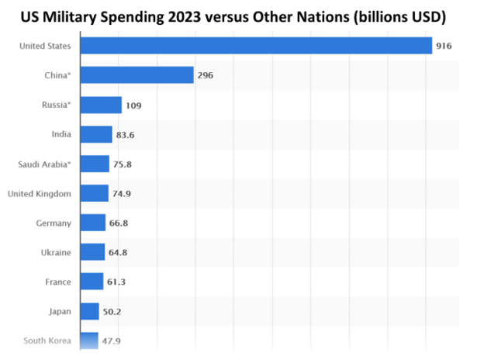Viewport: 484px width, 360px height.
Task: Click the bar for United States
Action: [x=255, y=46]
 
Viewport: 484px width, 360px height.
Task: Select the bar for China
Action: [x=136, y=74]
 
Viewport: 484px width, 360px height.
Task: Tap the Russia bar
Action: [x=100, y=105]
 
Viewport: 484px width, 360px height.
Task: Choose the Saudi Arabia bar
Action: [x=94, y=164]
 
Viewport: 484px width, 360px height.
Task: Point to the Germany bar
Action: [x=92, y=223]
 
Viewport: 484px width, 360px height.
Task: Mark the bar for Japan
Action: [x=88, y=311]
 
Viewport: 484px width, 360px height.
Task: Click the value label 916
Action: [x=444, y=47]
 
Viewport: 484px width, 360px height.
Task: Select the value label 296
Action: [x=205, y=75]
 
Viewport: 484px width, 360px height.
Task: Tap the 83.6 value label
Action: [x=126, y=134]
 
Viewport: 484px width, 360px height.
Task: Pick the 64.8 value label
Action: [x=119, y=252]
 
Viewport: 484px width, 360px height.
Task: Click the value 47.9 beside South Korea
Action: [x=112, y=341]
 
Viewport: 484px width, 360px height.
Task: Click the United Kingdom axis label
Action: [x=40, y=193]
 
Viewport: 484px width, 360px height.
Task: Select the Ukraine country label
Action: [x=56, y=252]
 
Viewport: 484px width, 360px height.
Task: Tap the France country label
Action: [x=58, y=282]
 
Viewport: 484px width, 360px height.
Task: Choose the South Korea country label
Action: [x=47, y=341]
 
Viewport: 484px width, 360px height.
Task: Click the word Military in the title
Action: [x=100, y=16]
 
